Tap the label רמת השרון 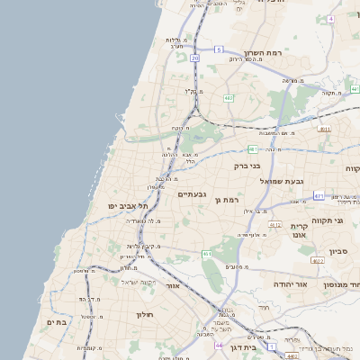264,54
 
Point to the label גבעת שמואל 289,181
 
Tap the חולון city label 146,315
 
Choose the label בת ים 57,321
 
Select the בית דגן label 257,346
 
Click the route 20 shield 194,58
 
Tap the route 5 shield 218,49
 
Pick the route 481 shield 253,149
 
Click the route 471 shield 319,195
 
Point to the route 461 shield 207,255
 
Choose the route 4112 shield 275,225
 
